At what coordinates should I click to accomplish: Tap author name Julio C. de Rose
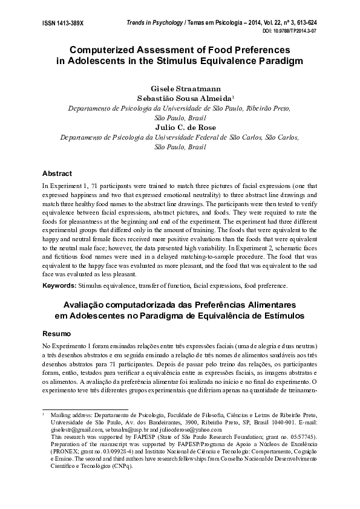click(180, 128)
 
